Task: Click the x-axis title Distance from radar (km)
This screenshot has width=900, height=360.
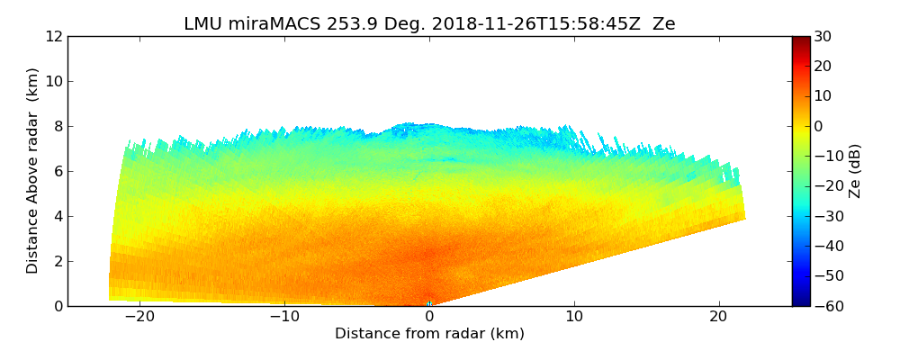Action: coord(429,334)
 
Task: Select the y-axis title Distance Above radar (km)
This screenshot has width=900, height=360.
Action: coord(32,171)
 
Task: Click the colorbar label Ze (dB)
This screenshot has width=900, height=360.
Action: coord(855,171)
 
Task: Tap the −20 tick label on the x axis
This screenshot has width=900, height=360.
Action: coord(139,317)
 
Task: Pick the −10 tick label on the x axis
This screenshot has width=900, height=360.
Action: coord(284,317)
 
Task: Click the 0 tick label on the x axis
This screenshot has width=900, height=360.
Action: coord(429,317)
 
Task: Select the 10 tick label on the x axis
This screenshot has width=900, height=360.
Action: coord(574,317)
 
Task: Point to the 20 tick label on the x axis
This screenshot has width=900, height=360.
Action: coord(719,317)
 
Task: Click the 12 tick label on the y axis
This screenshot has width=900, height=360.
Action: coord(54,36)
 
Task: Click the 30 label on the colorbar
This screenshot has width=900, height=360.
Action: coord(823,36)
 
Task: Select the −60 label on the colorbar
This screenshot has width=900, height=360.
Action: coord(826,306)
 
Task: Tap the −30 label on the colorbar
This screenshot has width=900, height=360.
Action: coord(826,216)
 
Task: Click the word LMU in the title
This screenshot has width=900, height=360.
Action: coord(202,24)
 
